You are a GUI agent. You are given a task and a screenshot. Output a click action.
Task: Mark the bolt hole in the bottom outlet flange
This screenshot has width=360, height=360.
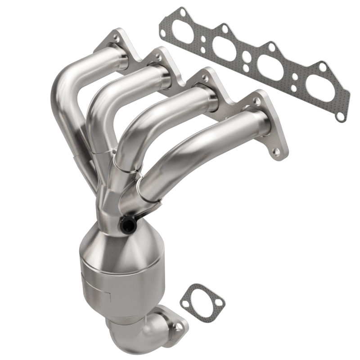[179, 328]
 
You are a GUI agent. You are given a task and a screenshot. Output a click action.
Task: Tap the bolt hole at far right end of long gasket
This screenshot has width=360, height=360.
[341, 116]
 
